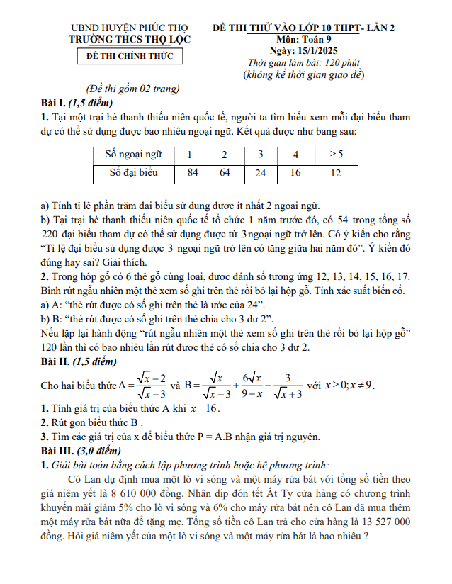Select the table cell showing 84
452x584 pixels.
click(192, 172)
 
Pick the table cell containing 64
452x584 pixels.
click(225, 172)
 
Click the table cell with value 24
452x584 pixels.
click(261, 172)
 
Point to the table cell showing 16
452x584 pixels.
click(295, 172)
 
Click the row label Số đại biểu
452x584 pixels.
click(133, 172)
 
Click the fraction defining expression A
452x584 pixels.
click(152, 385)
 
